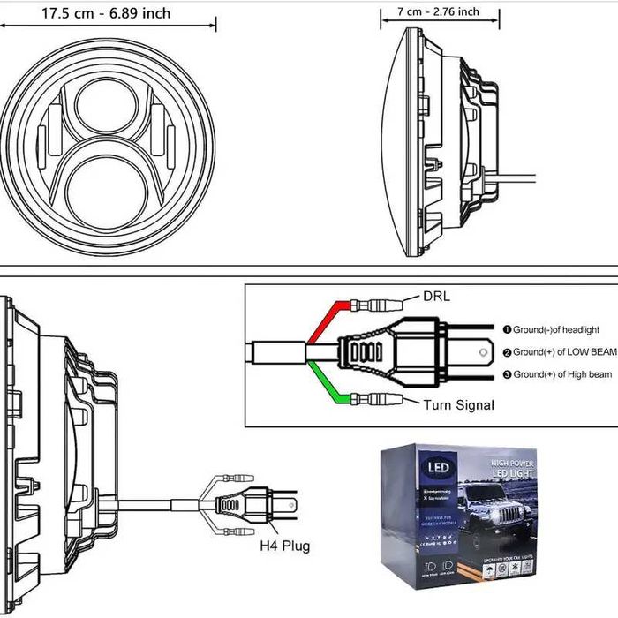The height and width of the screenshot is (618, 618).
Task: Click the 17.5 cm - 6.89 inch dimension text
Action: point(106,13)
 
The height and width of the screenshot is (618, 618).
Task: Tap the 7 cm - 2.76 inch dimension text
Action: point(438,11)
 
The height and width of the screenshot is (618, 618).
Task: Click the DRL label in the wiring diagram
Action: point(436,297)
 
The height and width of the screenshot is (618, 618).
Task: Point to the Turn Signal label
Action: point(457,404)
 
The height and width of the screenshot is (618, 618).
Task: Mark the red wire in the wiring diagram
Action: point(323,322)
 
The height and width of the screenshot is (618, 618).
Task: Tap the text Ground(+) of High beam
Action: point(562,374)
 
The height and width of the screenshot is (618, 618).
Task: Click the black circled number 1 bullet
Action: point(507,329)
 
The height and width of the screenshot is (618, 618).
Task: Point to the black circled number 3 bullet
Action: point(507,374)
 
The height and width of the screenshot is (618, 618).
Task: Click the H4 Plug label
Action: point(284,546)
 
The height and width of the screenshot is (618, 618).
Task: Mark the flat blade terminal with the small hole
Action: point(480,351)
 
